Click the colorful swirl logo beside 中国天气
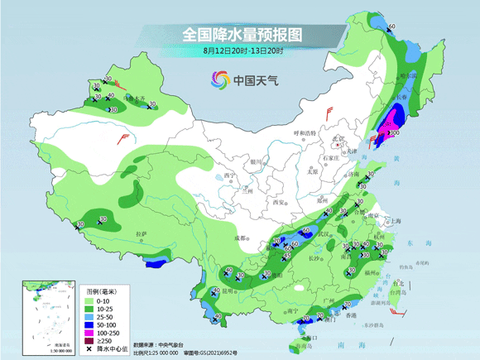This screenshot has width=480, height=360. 220,80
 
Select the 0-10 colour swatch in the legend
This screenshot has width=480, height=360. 92,302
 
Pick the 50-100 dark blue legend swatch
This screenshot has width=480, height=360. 92,324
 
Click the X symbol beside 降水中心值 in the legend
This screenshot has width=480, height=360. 92,348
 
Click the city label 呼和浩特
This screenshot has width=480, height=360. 305,133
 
